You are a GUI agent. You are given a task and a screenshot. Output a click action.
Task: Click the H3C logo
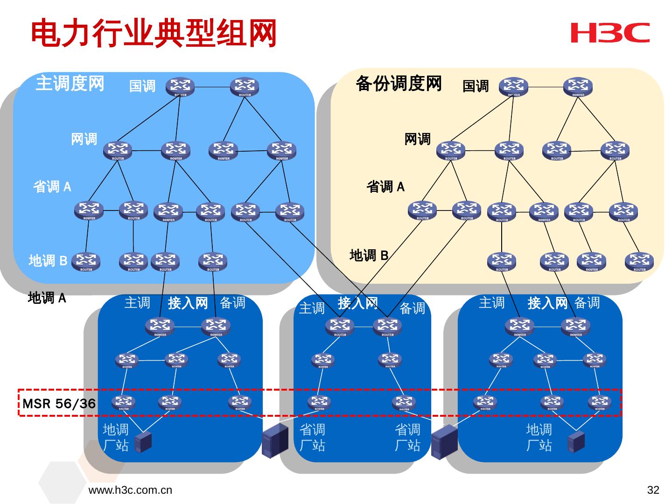pyautogui.click(x=609, y=32)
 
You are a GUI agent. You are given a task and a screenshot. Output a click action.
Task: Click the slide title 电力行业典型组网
pyautogui.click(x=154, y=34)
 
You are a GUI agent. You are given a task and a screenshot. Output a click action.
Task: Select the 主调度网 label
pyautogui.click(x=70, y=84)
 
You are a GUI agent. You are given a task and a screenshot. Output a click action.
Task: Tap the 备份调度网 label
pyautogui.click(x=399, y=84)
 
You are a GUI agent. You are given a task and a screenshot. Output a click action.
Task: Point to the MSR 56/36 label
pyautogui.click(x=59, y=403)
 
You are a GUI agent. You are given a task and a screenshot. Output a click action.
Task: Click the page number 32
pyautogui.click(x=653, y=490)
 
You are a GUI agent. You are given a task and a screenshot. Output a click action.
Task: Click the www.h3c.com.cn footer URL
pyautogui.click(x=130, y=490)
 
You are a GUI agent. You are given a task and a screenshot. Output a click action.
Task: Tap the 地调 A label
pyautogui.click(x=47, y=298)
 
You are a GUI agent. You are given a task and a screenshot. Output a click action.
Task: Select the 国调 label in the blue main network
pyautogui.click(x=142, y=86)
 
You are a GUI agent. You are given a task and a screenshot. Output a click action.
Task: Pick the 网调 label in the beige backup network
pyautogui.click(x=417, y=139)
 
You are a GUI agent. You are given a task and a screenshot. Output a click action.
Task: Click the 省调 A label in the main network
pyautogui.click(x=52, y=187)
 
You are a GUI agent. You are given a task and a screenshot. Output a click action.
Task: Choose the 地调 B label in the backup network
pyautogui.click(x=369, y=255)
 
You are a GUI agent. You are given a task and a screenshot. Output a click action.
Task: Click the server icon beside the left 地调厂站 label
pyautogui.click(x=143, y=442)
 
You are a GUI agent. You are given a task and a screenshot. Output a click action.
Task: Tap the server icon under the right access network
pyautogui.click(x=576, y=441)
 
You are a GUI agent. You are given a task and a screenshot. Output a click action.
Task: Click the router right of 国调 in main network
pyautogui.click(x=180, y=87)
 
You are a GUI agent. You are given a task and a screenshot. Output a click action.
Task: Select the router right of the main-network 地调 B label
pyautogui.click(x=86, y=261)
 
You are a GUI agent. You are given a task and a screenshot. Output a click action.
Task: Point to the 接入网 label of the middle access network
pyautogui.click(x=358, y=303)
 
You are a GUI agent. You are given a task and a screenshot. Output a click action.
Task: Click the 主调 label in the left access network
pyautogui.click(x=137, y=303)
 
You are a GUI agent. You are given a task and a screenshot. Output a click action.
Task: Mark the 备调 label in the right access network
pyautogui.click(x=587, y=303)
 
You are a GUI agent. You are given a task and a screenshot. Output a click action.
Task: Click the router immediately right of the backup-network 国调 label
pyautogui.click(x=513, y=87)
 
